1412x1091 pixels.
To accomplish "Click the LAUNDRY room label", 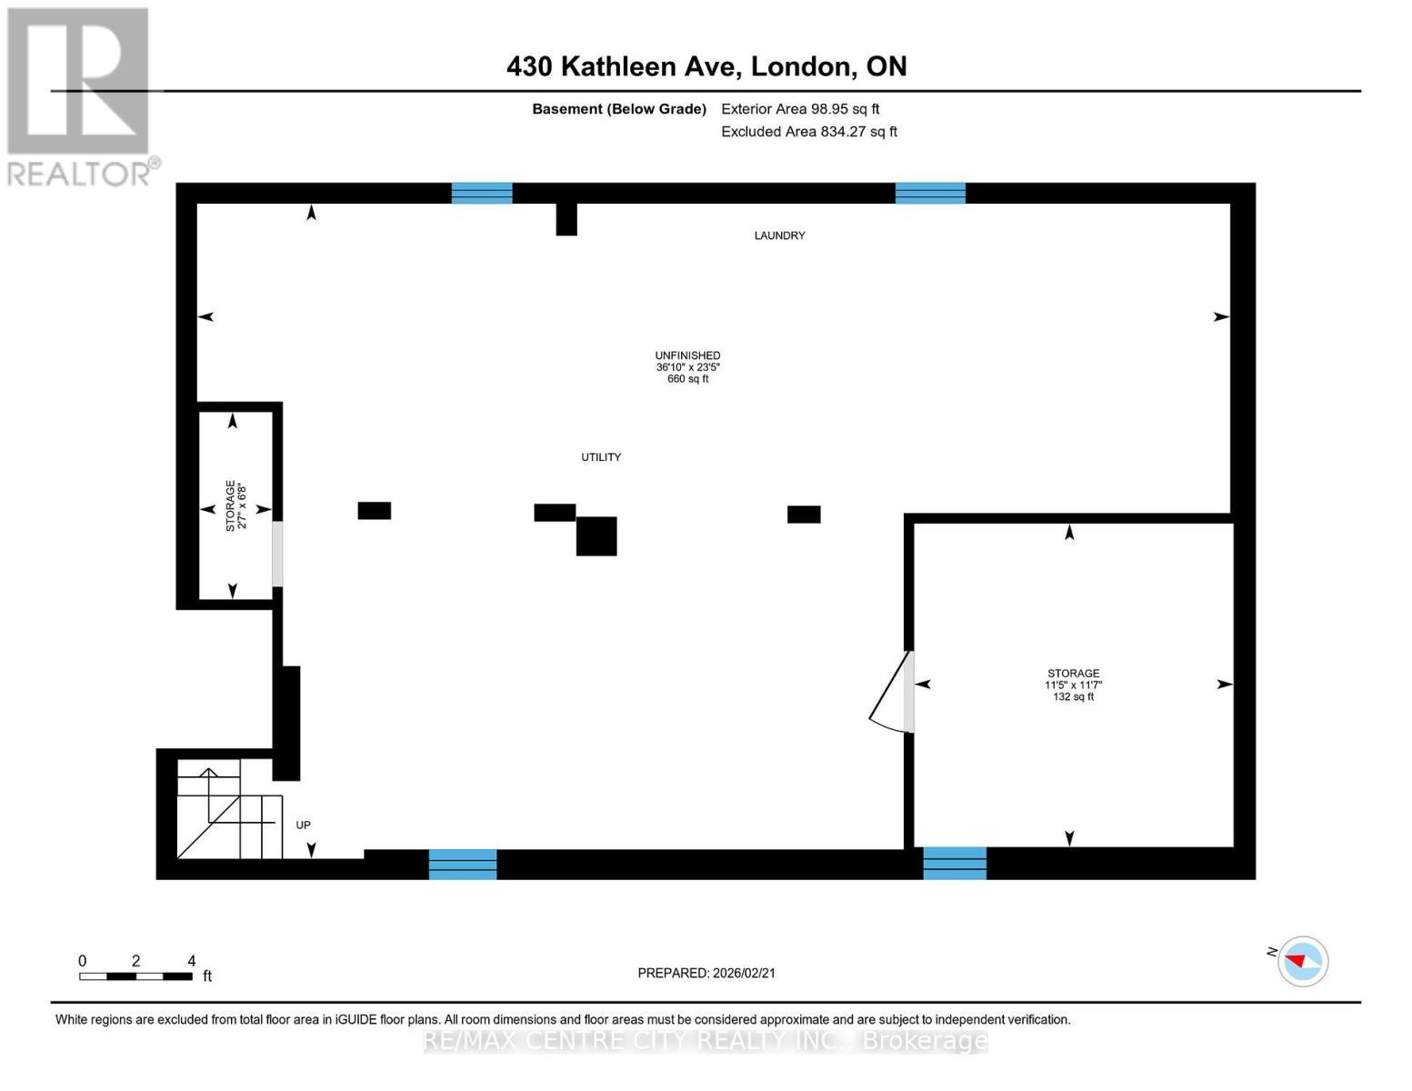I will pyautogui.click(x=779, y=235).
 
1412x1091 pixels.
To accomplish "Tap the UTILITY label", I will pyautogui.click(x=601, y=457).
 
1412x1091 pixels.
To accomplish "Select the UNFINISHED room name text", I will pyautogui.click(x=687, y=355).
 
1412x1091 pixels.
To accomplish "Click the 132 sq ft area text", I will pyautogui.click(x=1073, y=697).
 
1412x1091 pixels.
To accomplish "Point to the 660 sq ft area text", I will pyautogui.click(x=687, y=379).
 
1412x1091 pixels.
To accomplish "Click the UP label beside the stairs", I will pyautogui.click(x=303, y=826).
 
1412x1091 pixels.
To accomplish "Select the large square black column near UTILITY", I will pyautogui.click(x=596, y=535).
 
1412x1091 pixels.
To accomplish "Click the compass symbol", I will pyautogui.click(x=1302, y=961).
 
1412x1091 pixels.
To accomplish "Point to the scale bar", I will pyautogui.click(x=135, y=976).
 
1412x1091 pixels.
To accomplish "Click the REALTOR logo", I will pyautogui.click(x=80, y=95).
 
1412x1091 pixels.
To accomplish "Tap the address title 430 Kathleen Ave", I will pyautogui.click(x=706, y=66).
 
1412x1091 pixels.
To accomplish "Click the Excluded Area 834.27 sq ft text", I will pyautogui.click(x=808, y=132).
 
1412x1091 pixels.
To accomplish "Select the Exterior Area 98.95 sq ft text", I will pyautogui.click(x=799, y=109).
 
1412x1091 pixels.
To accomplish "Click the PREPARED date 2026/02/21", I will pyautogui.click(x=706, y=973).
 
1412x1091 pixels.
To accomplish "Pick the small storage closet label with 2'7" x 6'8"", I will pyautogui.click(x=235, y=506).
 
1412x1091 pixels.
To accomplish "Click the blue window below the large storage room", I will pyautogui.click(x=954, y=863).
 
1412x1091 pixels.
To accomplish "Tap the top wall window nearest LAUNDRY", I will pyautogui.click(x=929, y=193).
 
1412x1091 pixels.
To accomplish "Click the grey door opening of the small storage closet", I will pyautogui.click(x=277, y=554).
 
